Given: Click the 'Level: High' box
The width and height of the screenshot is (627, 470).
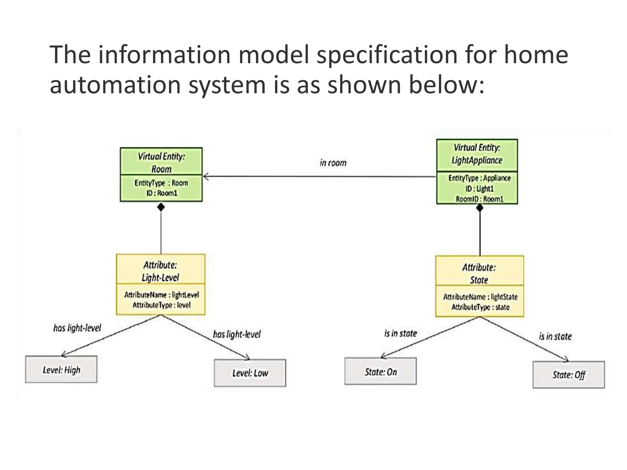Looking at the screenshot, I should point(61,369).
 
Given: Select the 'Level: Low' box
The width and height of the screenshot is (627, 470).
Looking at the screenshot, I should point(250,373).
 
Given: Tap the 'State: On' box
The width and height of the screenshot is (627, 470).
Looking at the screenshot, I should point(381,371).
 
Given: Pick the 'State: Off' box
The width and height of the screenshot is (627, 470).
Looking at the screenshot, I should point(569,375).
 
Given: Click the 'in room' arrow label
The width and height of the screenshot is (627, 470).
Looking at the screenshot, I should point(333,163).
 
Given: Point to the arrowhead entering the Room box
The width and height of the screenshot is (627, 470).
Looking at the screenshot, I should point(206,177).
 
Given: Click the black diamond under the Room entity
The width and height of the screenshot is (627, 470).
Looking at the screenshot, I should point(161,207).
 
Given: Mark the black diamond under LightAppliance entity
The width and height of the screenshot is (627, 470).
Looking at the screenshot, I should point(480,208).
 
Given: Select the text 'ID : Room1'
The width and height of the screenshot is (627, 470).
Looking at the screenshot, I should point(162,193).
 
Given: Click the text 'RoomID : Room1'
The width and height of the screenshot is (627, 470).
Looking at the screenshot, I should point(479,199).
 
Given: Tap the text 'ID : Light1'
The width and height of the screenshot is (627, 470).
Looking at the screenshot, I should point(479,189).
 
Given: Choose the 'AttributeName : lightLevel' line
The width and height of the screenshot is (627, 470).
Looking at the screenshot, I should point(161,295).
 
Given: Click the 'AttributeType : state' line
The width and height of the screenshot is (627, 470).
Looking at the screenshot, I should point(480,307).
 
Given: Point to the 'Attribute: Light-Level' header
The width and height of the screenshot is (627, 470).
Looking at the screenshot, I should point(160,271).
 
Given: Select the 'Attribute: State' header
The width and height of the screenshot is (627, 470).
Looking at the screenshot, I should point(479,274).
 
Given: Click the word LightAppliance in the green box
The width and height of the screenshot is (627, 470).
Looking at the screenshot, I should point(477,160).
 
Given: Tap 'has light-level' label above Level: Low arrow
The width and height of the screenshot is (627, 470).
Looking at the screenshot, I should point(237,334).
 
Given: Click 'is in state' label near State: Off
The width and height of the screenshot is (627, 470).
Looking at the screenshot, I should point(555,336).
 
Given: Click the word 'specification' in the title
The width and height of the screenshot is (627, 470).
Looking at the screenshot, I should point(387,55).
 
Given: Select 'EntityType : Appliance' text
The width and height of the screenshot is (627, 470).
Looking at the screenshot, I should point(479,178).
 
